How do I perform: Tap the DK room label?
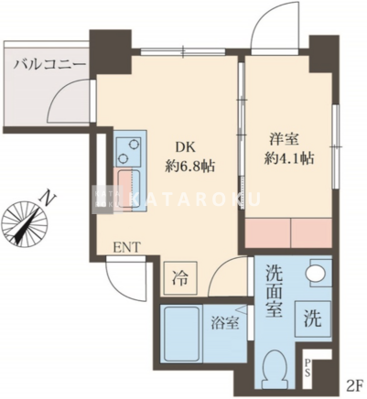[185, 147]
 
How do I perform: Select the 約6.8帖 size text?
[190, 167]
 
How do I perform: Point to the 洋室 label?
[284, 139]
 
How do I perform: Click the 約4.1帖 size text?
[289, 158]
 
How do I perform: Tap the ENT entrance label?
[127, 247]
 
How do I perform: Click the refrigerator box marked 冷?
[180, 277]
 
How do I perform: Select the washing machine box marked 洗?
[313, 318]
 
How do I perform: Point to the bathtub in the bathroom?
[181, 334]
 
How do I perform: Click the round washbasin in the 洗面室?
[316, 273]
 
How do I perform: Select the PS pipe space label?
[308, 368]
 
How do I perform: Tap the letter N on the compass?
[48, 198]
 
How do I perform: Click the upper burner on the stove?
[134, 144]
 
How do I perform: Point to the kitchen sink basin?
[129, 189]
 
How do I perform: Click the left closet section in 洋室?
[268, 232]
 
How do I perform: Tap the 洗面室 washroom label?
[275, 291]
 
